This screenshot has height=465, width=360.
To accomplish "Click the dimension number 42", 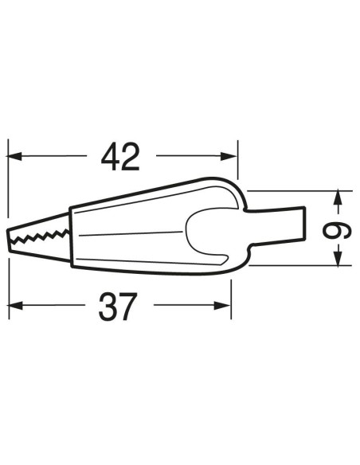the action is click(120, 157).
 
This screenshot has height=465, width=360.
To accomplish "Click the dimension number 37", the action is click(118, 306).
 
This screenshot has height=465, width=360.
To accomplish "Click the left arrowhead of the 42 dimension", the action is click(14, 156).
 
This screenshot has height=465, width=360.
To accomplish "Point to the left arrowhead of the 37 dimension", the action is click(15, 305).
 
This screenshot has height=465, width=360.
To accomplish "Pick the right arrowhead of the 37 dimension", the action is click(222, 305).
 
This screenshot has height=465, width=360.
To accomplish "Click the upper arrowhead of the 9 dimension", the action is click(337, 199).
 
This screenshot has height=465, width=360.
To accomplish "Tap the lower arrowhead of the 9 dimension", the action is click(337, 257).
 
